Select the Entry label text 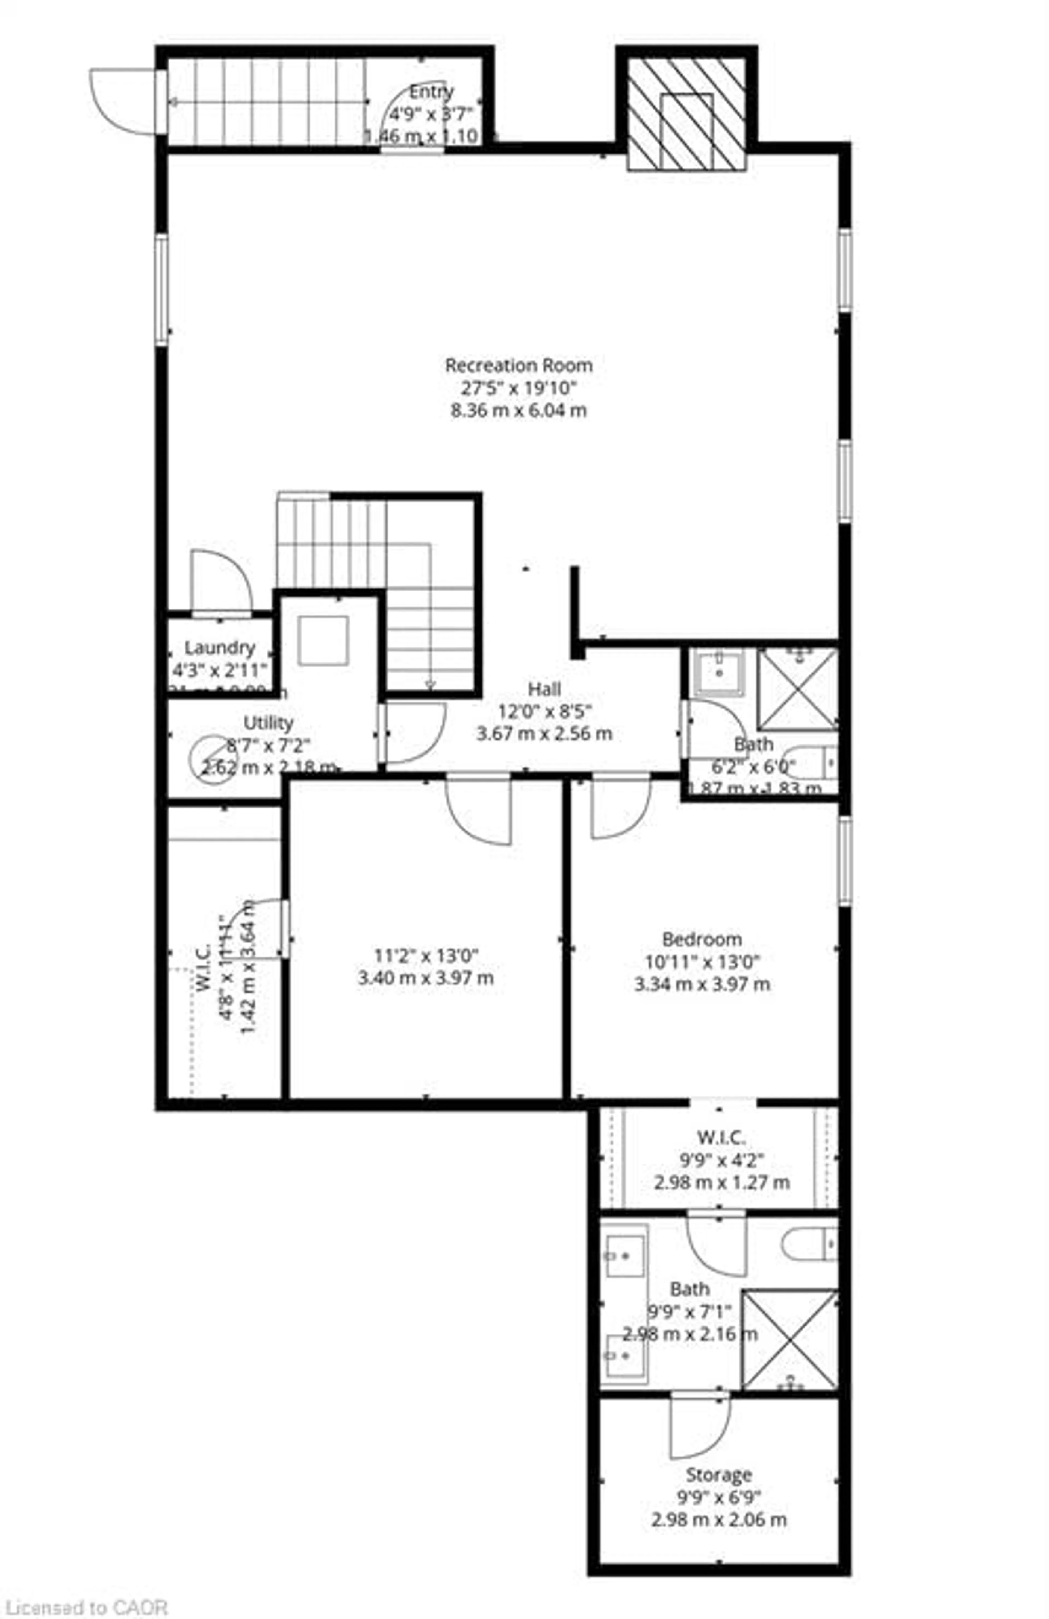431,91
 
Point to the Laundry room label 220,648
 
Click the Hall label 544,689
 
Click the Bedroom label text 702,939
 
